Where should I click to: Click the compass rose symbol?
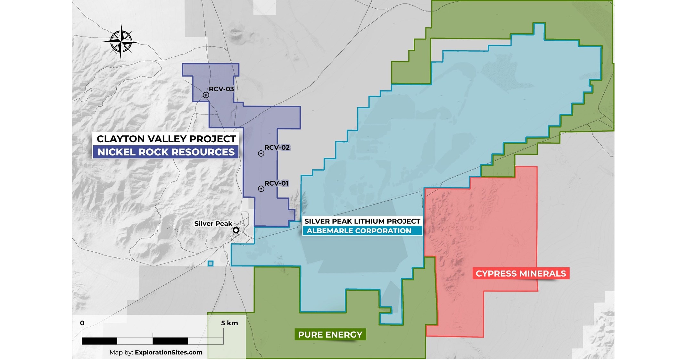tap(121, 42)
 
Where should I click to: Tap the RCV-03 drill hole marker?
tap(206, 95)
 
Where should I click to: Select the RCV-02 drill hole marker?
tap(261, 154)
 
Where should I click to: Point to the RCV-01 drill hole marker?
tap(261, 189)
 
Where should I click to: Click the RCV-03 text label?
tap(221, 89)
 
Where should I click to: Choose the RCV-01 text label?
tap(277, 183)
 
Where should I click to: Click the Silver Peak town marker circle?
tap(236, 230)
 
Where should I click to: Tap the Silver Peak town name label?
tap(213, 223)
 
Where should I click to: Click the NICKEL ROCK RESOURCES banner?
tap(166, 152)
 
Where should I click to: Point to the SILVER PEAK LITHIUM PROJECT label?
tap(362, 221)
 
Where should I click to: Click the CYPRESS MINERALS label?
tap(521, 273)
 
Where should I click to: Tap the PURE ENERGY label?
tap(330, 335)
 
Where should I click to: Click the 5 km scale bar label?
tap(229, 323)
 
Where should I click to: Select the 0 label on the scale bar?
tap(82, 323)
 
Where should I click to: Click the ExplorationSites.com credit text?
tap(169, 352)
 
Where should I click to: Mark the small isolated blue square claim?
tap(211, 264)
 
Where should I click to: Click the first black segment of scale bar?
tap(100, 341)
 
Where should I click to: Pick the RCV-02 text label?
tap(277, 147)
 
